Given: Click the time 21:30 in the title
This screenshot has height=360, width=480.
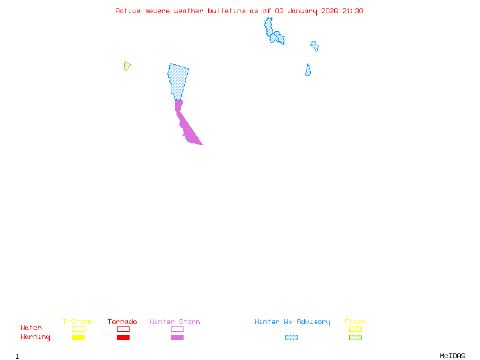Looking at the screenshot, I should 353,11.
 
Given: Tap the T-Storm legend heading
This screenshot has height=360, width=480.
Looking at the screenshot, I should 77,322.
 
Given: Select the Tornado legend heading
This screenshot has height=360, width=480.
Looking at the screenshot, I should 122,322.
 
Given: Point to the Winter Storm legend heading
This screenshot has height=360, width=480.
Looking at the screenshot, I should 175,322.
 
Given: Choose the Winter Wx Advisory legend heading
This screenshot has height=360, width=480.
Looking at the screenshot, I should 292,322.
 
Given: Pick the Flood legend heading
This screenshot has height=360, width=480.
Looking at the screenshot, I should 355,322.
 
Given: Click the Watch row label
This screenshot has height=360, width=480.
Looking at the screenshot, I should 31,328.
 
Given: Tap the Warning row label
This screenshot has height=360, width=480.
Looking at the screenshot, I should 35,337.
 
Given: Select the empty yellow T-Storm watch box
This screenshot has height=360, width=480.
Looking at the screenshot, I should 78,329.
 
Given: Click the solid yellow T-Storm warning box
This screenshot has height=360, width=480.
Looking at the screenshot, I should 78,337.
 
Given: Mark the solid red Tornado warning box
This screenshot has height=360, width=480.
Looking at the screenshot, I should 123,337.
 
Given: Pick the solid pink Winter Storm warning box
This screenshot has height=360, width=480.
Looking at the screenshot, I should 177,337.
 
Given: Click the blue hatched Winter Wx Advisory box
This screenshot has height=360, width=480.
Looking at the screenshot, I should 291,337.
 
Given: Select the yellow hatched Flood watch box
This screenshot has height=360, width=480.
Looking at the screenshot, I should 355,329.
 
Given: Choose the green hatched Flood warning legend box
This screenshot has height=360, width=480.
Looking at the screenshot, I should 355,337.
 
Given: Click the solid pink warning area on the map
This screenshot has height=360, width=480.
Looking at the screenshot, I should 188,129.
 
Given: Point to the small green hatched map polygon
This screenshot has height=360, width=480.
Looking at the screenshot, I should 127,65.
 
